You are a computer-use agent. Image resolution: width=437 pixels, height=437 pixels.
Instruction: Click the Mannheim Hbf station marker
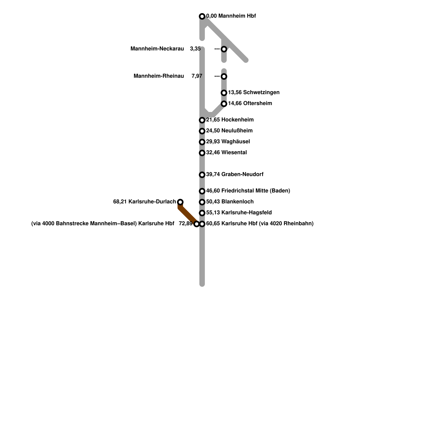point(202,16)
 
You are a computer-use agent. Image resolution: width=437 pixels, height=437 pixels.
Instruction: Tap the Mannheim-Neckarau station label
point(157,49)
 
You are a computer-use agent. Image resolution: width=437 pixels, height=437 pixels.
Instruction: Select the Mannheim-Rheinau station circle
point(224,76)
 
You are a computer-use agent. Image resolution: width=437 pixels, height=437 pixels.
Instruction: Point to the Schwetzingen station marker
point(224,93)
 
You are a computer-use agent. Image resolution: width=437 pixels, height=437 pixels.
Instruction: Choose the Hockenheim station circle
point(202,120)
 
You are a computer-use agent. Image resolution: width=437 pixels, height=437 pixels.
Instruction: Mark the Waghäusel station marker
point(202,142)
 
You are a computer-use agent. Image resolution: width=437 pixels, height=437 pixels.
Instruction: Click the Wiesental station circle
point(202,153)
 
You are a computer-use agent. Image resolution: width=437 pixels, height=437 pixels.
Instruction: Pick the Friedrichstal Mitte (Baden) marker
point(202,191)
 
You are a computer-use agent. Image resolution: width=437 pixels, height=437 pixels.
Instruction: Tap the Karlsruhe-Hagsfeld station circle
point(202,213)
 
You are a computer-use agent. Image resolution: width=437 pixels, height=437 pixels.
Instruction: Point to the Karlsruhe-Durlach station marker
point(180,202)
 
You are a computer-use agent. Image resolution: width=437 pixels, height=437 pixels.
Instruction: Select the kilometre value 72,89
point(185,224)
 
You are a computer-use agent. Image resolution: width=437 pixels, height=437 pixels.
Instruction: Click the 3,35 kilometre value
point(195,49)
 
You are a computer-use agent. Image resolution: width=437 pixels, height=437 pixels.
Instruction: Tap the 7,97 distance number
point(197,76)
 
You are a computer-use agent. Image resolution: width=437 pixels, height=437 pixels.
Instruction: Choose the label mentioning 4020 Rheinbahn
point(260,224)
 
